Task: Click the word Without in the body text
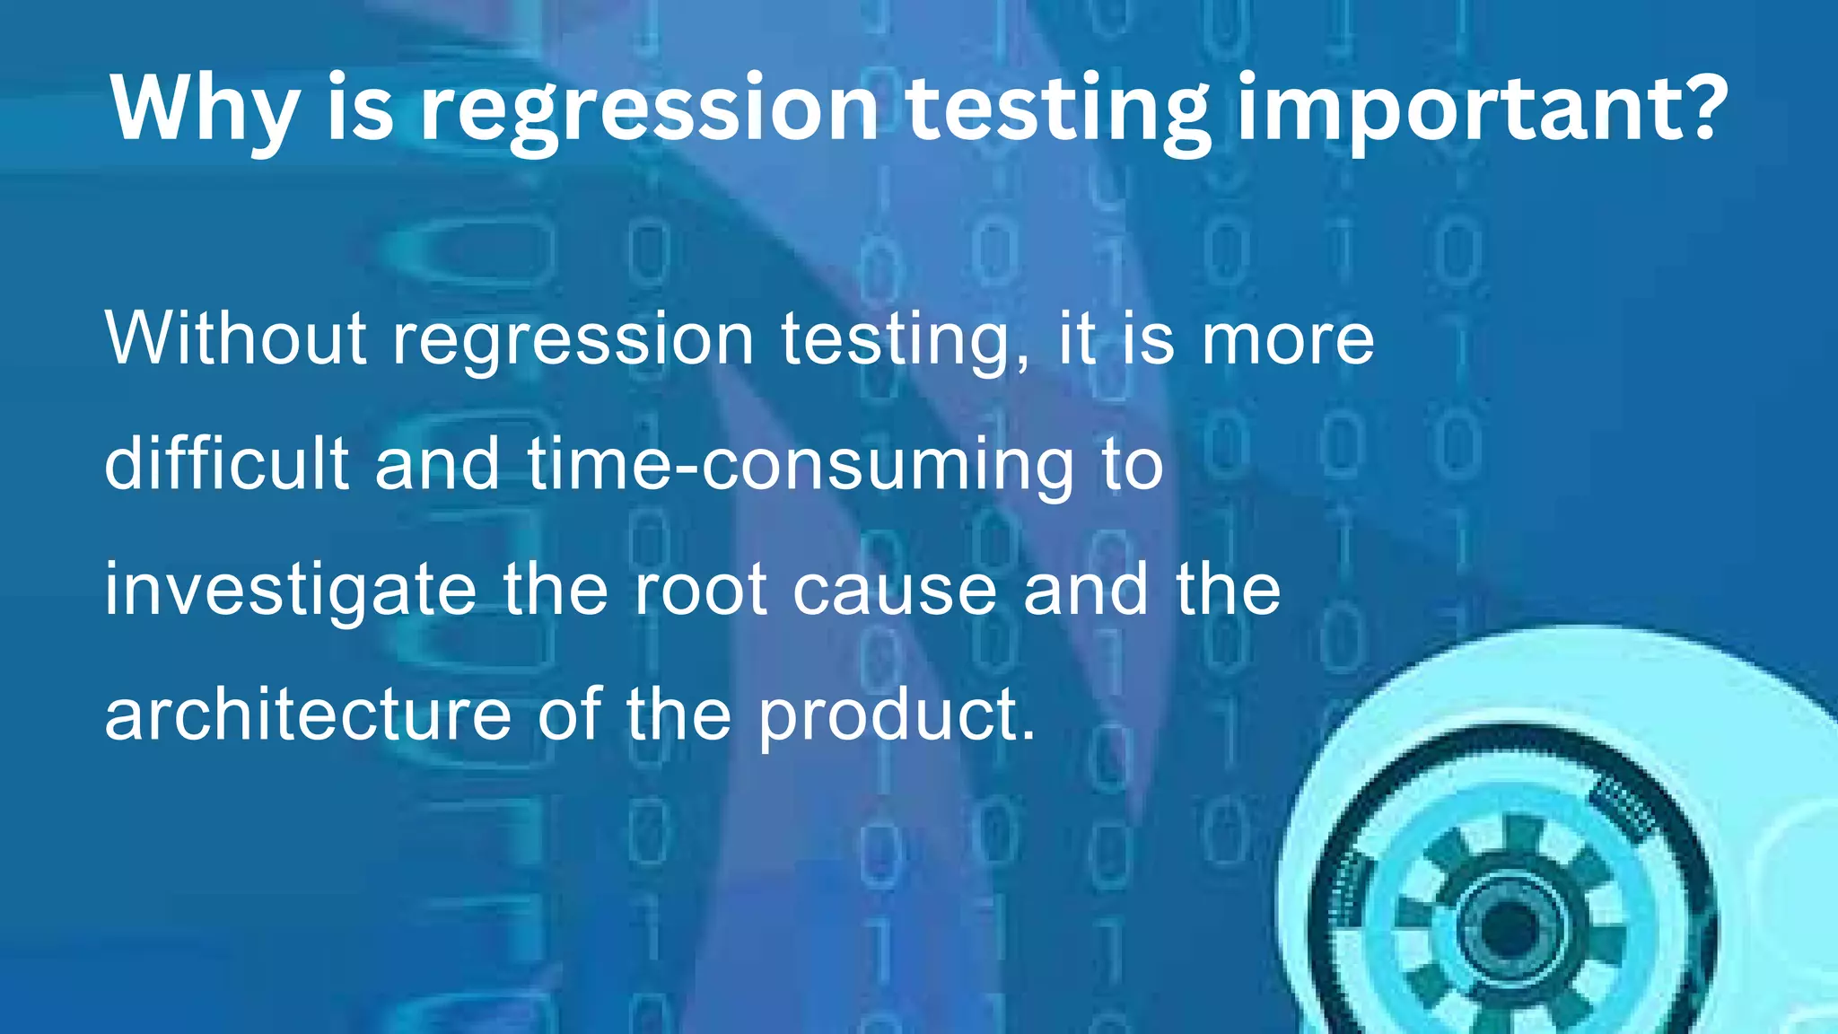tap(236, 338)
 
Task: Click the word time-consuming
tap(801, 465)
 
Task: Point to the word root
tap(700, 591)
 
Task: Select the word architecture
tap(308, 714)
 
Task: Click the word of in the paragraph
tap(569, 714)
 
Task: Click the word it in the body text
tap(1076, 338)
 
